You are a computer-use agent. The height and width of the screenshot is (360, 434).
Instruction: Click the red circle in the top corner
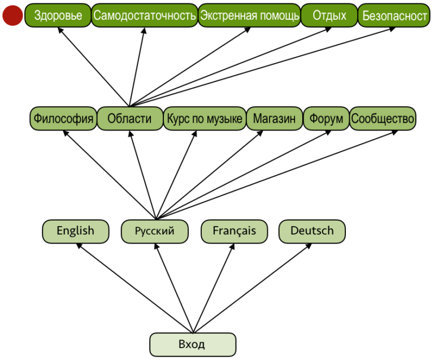pos(12,16)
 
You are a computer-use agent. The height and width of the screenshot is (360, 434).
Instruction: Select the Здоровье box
pos(58,16)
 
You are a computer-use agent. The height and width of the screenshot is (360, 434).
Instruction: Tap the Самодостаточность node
pos(144,16)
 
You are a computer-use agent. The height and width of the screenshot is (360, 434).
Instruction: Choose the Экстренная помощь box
pos(249,16)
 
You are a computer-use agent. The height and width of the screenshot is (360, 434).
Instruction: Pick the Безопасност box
pos(394,16)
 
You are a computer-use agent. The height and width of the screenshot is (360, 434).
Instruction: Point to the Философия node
pos(63,119)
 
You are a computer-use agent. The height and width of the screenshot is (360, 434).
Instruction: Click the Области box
pos(129,119)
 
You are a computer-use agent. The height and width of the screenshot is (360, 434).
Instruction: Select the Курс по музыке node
pos(205,119)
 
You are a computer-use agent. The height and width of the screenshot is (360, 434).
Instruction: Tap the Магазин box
pos(274,119)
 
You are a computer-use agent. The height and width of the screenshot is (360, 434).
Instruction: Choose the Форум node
pos(326,119)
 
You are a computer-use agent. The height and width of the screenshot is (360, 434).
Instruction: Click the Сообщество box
pos(383,119)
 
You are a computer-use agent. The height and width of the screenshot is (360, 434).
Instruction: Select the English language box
pos(75,231)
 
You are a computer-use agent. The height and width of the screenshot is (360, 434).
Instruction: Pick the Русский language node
pos(154,231)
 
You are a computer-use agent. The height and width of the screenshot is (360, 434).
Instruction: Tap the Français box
pos(234,231)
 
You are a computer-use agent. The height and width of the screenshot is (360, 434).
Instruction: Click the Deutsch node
pos(312,231)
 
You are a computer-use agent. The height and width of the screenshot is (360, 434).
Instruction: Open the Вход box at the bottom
pos(192,344)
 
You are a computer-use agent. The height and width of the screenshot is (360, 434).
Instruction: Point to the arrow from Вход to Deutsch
pos(252,288)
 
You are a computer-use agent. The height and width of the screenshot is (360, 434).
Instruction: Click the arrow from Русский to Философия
pos(110,175)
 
